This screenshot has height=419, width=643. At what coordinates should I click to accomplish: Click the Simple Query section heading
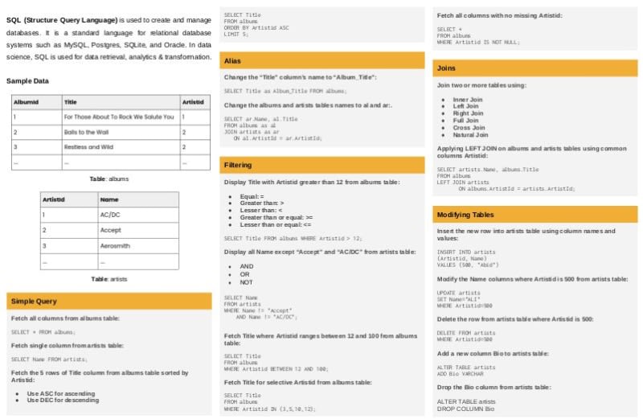coord(34,301)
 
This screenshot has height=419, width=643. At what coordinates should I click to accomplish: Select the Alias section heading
coord(232,61)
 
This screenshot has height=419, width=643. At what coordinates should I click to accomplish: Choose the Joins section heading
coord(446,68)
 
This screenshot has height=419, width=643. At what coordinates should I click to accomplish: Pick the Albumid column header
coord(27,102)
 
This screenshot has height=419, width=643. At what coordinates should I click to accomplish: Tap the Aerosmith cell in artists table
coord(115,245)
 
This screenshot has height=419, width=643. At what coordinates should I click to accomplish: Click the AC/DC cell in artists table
coord(110,215)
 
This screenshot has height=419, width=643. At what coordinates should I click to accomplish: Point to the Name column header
coord(109,199)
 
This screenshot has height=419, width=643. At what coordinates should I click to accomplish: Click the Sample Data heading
coord(27,81)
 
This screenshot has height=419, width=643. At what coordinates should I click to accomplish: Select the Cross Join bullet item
coord(469,127)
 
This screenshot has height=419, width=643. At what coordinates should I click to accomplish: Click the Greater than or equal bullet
coord(276,217)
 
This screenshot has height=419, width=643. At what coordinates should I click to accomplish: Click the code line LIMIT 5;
coord(236,35)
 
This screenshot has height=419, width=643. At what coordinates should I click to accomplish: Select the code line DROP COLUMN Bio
coord(466,409)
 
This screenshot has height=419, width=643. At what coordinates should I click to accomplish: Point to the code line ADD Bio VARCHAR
coord(461,373)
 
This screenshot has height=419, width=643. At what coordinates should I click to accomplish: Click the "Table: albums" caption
coord(109,179)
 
